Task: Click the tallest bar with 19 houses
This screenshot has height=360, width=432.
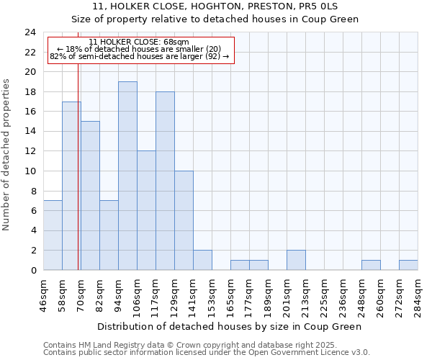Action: pyautogui.click(x=127, y=176)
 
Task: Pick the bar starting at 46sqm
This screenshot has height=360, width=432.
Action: pyautogui.click(x=53, y=235)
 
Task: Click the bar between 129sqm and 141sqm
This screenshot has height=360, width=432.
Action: pyautogui.click(x=184, y=220)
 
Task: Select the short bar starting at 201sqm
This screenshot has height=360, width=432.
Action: pyautogui.click(x=296, y=260)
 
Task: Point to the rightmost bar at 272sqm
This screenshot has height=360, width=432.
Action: pyautogui.click(x=408, y=265)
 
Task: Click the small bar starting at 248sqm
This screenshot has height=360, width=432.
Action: pyautogui.click(x=371, y=265)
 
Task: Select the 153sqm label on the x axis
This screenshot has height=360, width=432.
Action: pyautogui.click(x=212, y=296)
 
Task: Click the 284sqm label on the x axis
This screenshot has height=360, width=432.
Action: pyautogui.click(x=418, y=296)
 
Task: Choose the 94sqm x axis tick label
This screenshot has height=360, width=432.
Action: pyautogui.click(x=118, y=296)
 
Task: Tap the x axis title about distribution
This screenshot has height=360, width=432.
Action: pyautogui.click(x=230, y=326)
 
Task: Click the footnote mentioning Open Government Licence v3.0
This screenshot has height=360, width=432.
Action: pyautogui.click(x=207, y=353)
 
